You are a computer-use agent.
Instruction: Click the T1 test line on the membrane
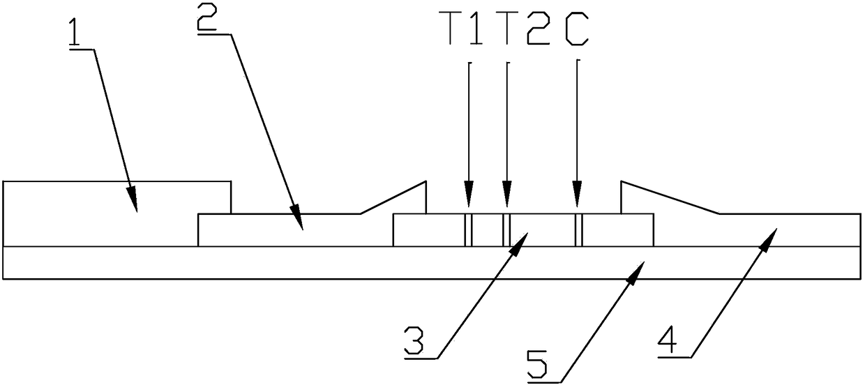point(469,230)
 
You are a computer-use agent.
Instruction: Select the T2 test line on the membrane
point(506,230)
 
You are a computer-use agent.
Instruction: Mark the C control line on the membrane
point(578,230)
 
